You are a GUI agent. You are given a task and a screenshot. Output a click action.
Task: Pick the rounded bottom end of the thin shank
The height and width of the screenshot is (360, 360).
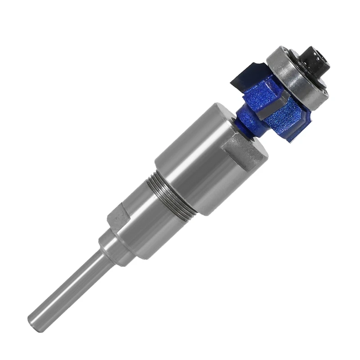(34, 320)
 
